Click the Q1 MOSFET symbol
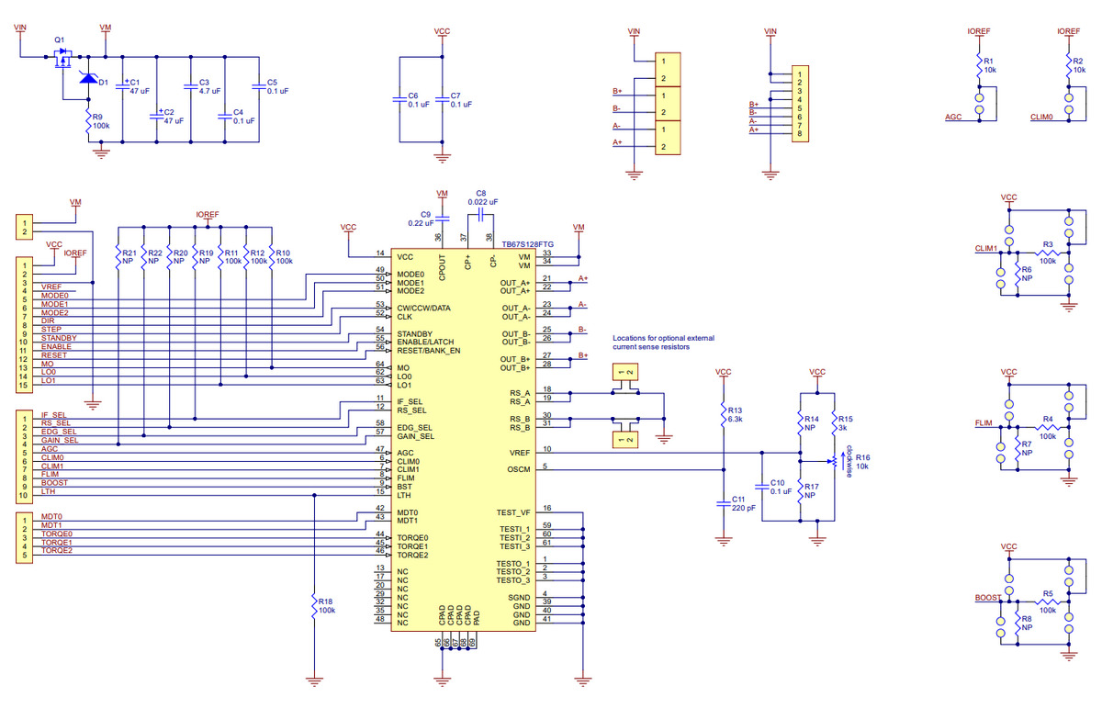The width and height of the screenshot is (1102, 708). tap(62, 61)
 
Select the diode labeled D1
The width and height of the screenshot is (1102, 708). tap(89, 79)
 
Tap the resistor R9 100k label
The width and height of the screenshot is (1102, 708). tap(100, 121)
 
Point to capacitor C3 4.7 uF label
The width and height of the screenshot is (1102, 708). tap(208, 86)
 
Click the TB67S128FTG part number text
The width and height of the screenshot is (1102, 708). tap(528, 246)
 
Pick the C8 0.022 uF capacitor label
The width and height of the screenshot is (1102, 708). tap(481, 197)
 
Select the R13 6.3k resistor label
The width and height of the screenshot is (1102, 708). tap(736, 413)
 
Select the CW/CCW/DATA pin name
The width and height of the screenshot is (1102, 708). tap(423, 308)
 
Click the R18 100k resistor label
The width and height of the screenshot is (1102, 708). tap(326, 605)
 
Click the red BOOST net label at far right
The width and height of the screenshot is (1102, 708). tap(988, 597)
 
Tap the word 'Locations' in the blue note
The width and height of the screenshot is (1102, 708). tap(635, 339)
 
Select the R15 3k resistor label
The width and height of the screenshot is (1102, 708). tap(846, 423)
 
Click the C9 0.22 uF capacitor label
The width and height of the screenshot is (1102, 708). tap(422, 218)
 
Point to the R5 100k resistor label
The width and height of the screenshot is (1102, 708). tap(1047, 602)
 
